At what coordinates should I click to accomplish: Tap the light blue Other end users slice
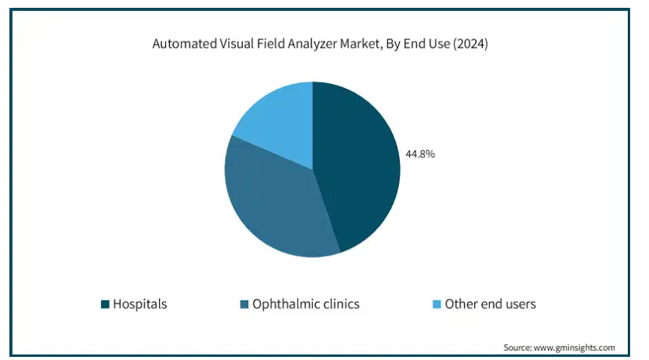(278, 118)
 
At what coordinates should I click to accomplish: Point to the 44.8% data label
(419, 155)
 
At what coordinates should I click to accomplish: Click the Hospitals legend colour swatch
(105, 304)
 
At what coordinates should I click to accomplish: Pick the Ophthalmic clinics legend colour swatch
(244, 304)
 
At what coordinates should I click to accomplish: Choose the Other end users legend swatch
(437, 304)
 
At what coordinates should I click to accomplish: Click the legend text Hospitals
(140, 304)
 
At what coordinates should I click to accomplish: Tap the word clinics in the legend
(339, 304)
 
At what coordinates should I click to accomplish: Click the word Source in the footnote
(517, 347)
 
